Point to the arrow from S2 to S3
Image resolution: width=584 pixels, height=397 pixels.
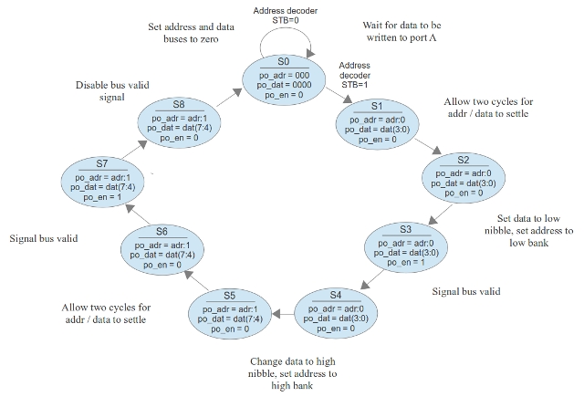pyautogui.click(x=440, y=216)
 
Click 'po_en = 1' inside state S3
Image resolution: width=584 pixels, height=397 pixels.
pyautogui.click(x=405, y=262)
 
